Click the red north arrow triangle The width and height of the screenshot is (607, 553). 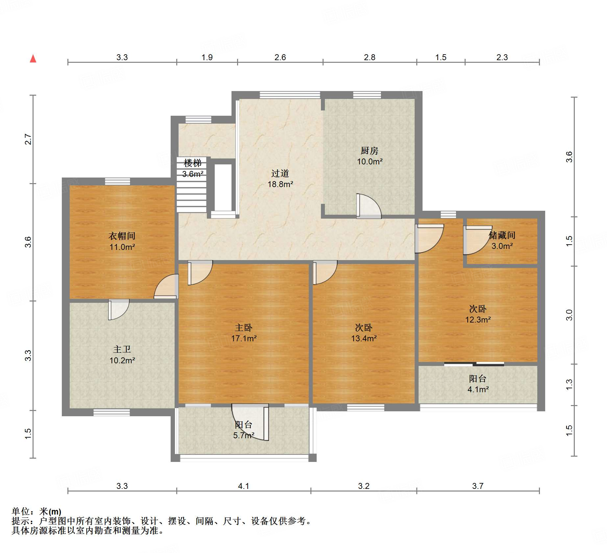pyautogui.click(x=33, y=59)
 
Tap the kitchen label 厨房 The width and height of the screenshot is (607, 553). pyautogui.click(x=369, y=151)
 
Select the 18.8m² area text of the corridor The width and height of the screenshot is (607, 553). pyautogui.click(x=280, y=184)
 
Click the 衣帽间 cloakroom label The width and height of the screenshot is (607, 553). pyautogui.click(x=122, y=236)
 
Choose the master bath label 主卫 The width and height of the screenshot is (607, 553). pyautogui.click(x=122, y=349)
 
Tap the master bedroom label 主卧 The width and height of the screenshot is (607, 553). pyautogui.click(x=244, y=327)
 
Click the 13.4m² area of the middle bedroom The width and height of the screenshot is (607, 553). pyautogui.click(x=364, y=338)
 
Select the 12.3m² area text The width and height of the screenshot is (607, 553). pyautogui.click(x=478, y=320)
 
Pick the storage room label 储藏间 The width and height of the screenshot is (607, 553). pyautogui.click(x=502, y=235)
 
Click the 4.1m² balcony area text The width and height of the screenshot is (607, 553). pyautogui.click(x=478, y=390)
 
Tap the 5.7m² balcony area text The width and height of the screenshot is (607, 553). pyautogui.click(x=244, y=436)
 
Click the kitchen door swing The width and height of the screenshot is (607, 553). pyautogui.click(x=369, y=206)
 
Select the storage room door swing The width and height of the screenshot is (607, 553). pyautogui.click(x=478, y=240)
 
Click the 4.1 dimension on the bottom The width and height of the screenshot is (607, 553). pyautogui.click(x=244, y=486)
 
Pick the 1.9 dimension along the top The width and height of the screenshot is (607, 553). pyautogui.click(x=207, y=57)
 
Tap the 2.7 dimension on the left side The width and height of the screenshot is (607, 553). pyautogui.click(x=28, y=139)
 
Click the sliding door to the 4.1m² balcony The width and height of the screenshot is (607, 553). pyautogui.click(x=474, y=364)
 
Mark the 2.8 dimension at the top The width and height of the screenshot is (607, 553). pyautogui.click(x=370, y=57)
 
